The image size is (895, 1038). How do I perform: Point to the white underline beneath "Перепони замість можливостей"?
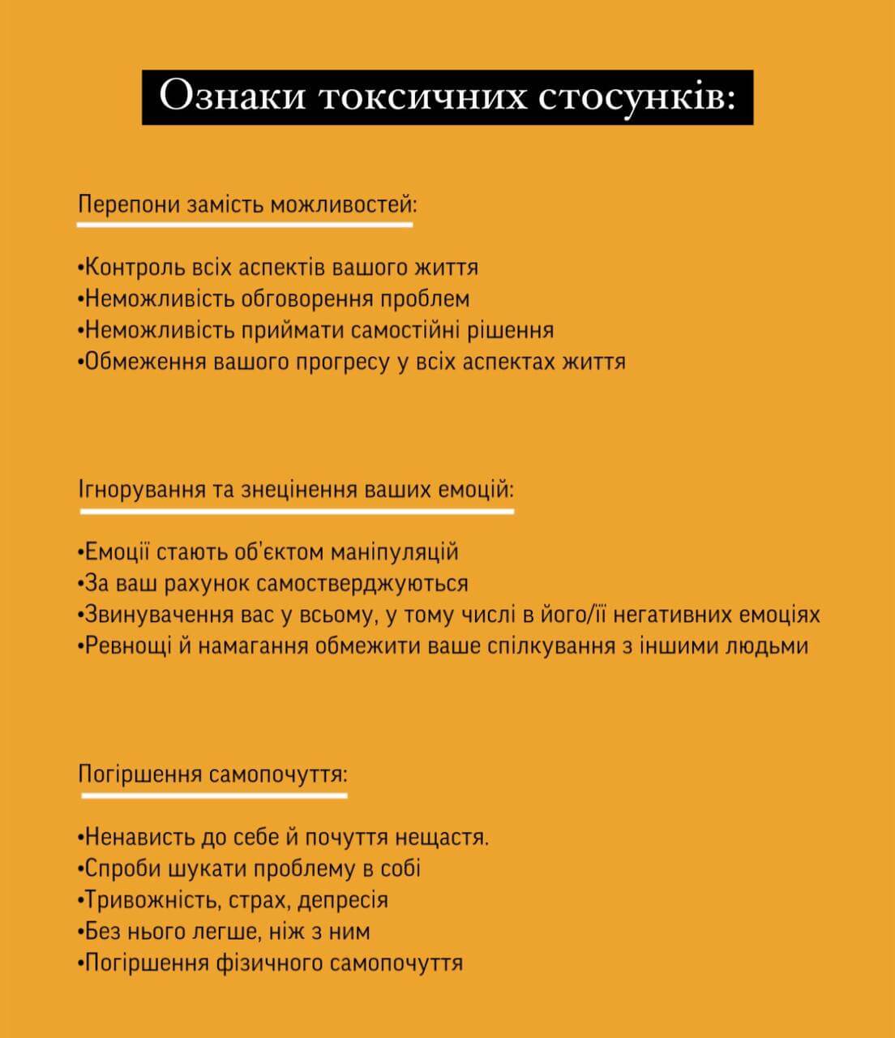click(x=245, y=224)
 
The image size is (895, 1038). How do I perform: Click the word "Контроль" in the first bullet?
click(x=135, y=267)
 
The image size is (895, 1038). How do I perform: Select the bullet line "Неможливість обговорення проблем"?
click(x=274, y=298)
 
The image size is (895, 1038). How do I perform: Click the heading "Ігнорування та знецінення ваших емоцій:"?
click(x=297, y=490)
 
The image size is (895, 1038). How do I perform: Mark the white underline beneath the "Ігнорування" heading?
click(x=297, y=512)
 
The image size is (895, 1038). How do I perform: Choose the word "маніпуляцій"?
click(x=395, y=552)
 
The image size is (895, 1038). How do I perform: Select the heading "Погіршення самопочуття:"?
click(x=213, y=774)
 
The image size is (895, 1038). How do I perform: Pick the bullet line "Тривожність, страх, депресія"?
click(x=233, y=899)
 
